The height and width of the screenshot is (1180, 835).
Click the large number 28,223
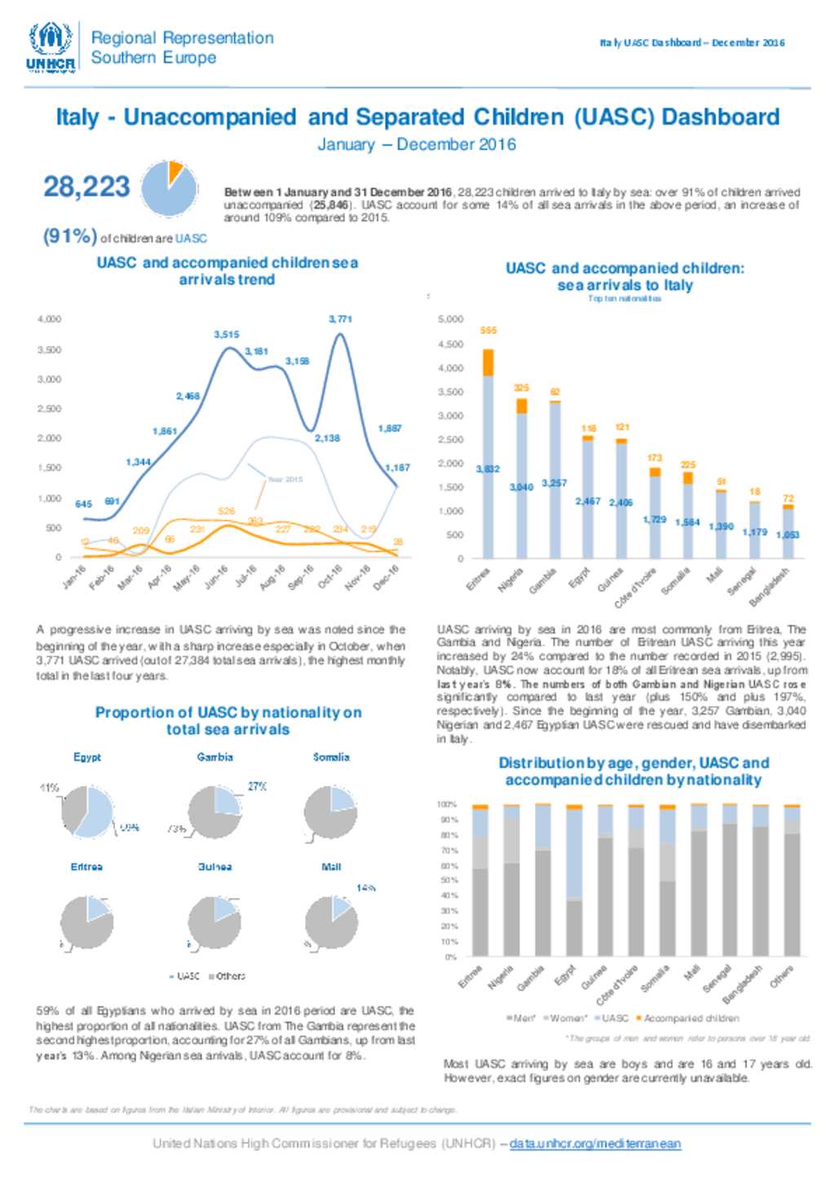click(x=86, y=187)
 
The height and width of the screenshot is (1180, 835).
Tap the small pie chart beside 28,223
click(x=170, y=188)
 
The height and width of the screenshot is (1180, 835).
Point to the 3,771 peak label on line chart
click(x=340, y=319)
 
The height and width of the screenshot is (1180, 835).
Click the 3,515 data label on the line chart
click(x=227, y=334)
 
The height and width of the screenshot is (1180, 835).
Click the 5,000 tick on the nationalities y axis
click(x=451, y=320)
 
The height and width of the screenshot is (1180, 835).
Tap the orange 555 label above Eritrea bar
click(x=488, y=330)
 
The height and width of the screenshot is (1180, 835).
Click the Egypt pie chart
click(x=87, y=811)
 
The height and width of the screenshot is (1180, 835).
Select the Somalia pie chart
click(x=331, y=812)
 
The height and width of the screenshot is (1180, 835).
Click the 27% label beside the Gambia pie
click(x=257, y=787)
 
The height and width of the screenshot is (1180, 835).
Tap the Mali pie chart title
click(x=331, y=867)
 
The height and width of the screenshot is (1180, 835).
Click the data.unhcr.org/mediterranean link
click(x=594, y=1144)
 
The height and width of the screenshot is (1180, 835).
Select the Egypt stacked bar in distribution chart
click(x=574, y=881)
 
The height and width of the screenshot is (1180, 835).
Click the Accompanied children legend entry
click(x=690, y=1019)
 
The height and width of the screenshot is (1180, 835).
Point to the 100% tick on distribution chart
click(x=447, y=804)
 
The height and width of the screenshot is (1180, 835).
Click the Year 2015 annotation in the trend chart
click(x=285, y=480)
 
